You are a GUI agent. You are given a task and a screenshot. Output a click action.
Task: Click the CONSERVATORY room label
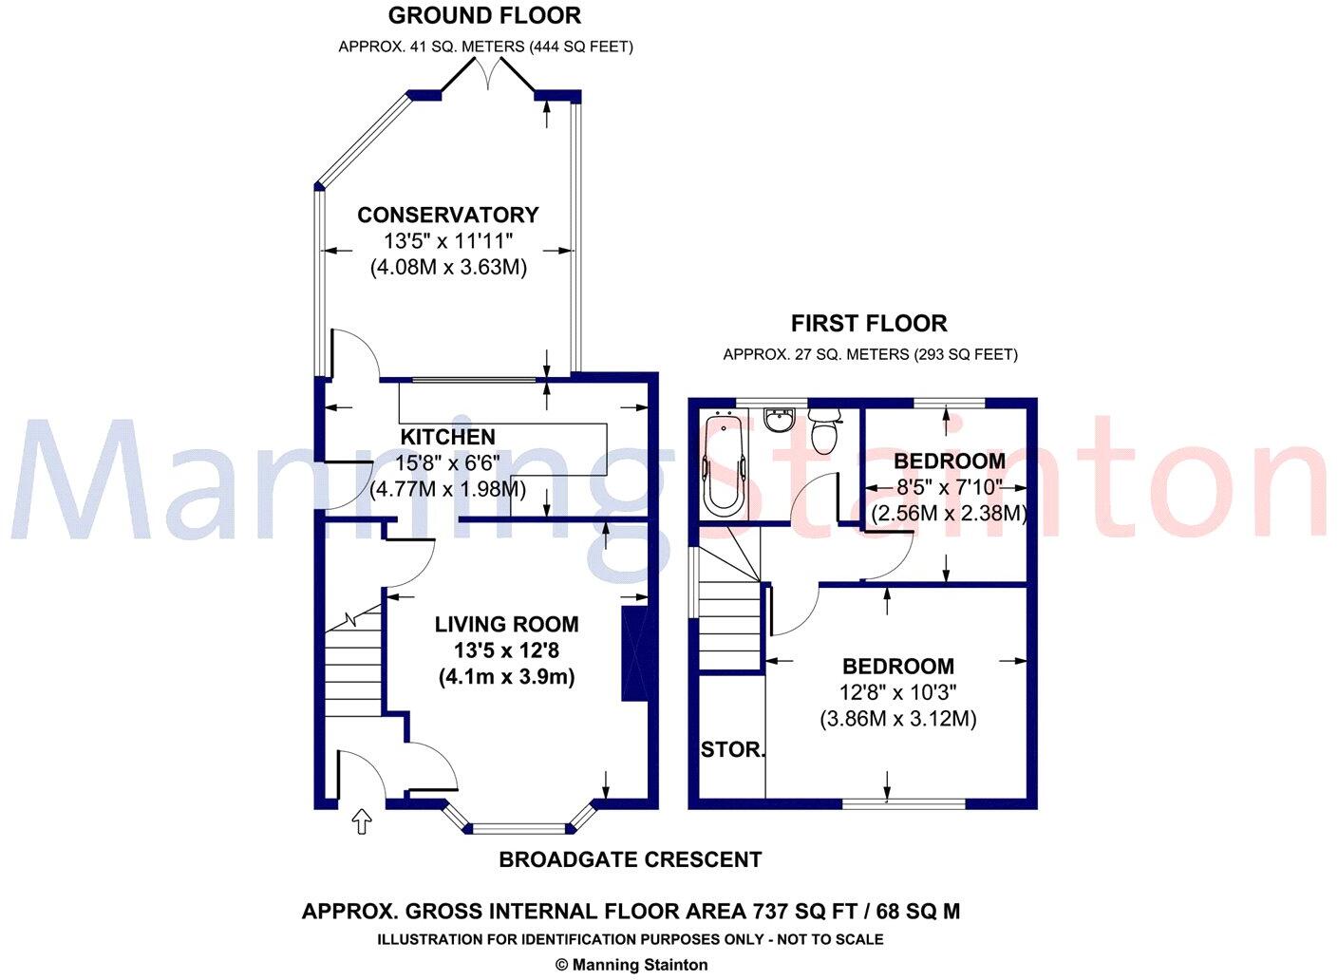[447, 216]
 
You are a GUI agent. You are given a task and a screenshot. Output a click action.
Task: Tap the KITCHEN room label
[447, 437]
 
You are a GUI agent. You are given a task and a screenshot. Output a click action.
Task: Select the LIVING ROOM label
[506, 624]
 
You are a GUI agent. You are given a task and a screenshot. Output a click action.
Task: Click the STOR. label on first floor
[732, 750]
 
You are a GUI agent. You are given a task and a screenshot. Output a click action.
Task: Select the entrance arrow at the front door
[361, 822]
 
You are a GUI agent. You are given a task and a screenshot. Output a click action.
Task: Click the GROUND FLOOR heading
[484, 15]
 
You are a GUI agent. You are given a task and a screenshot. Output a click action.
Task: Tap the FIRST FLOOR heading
[869, 324]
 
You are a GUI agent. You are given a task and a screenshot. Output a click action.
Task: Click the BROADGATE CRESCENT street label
[630, 860]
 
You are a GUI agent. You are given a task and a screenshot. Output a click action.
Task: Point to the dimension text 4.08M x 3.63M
[447, 268]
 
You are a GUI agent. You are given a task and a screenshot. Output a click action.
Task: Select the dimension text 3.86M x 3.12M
[897, 719]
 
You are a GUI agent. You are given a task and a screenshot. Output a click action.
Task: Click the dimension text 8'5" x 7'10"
[949, 487]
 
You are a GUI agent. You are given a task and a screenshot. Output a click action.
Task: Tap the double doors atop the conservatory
[488, 74]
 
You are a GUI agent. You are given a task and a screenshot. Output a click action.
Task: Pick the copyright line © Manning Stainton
[631, 965]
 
